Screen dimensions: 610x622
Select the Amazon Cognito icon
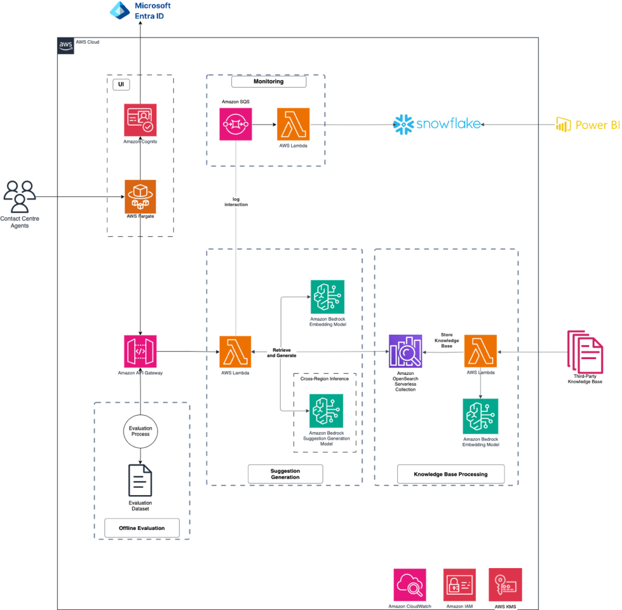(x=140, y=119)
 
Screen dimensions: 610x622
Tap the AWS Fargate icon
(x=140, y=196)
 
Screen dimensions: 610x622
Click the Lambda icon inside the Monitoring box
(x=293, y=125)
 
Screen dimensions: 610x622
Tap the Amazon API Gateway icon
(x=140, y=351)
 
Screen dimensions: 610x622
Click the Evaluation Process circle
(x=140, y=431)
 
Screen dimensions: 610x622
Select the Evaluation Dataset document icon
(x=140, y=481)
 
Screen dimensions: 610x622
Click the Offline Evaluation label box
(x=142, y=528)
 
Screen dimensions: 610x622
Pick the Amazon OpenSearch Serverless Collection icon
(x=405, y=351)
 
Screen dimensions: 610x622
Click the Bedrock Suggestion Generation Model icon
(x=326, y=410)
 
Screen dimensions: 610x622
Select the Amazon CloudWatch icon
(x=410, y=584)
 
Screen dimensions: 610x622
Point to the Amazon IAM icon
(x=459, y=584)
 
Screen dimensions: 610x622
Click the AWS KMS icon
(x=505, y=584)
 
